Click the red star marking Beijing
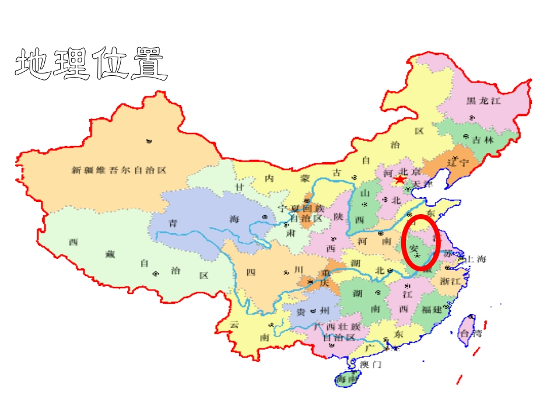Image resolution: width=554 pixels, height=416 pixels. pyautogui.click(x=400, y=179)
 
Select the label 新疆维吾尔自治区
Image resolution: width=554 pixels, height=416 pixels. pyautogui.click(x=119, y=170)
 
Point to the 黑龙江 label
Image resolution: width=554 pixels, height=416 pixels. pyautogui.click(x=483, y=100)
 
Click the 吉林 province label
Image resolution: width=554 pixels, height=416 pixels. pyautogui.click(x=483, y=140)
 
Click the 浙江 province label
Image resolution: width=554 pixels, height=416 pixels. pyautogui.click(x=451, y=281)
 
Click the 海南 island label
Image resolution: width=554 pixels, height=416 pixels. pyautogui.click(x=348, y=380)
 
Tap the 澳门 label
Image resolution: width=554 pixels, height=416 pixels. pyautogui.click(x=370, y=365)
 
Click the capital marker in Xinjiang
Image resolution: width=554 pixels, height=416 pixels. pyautogui.click(x=149, y=141)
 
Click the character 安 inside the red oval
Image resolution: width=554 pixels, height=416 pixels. pyautogui.click(x=415, y=248)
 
